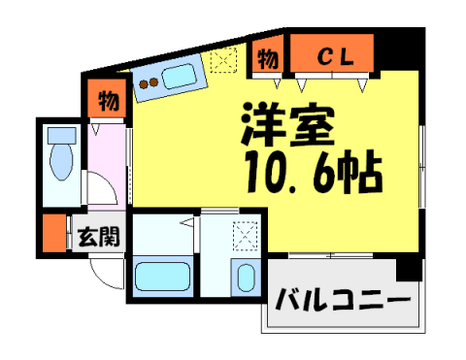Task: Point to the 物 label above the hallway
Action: click(108, 100)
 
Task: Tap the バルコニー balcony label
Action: click(343, 299)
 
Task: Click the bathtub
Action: click(162, 278)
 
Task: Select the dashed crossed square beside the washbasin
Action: click(245, 236)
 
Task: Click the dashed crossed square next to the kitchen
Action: click(223, 58)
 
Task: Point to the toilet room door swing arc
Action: click(102, 189)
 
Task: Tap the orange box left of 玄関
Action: click(52, 233)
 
